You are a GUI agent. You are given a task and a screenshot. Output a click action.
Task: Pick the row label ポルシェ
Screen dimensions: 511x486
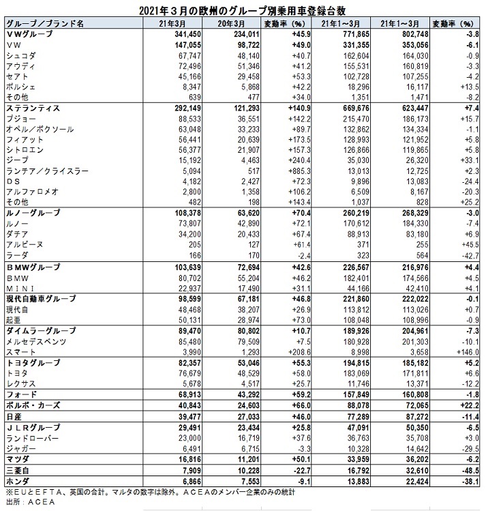[x=20, y=87]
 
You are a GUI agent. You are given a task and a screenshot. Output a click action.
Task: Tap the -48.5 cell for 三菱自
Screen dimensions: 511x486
[x=464, y=468]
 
